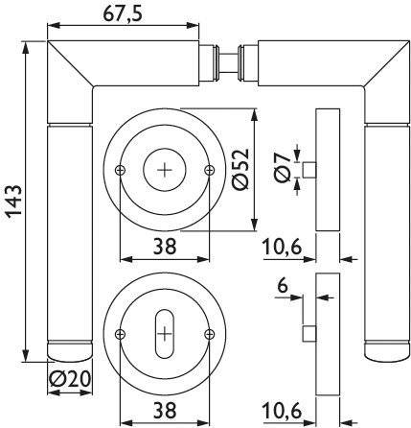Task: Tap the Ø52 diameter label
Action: (x=270, y=170)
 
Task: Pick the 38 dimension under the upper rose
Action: (x=163, y=247)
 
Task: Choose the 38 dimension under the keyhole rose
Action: (x=163, y=411)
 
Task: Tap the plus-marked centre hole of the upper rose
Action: (x=165, y=170)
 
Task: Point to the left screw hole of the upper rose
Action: (x=119, y=170)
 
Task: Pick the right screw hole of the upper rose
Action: (x=210, y=170)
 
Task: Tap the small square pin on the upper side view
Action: (x=310, y=171)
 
